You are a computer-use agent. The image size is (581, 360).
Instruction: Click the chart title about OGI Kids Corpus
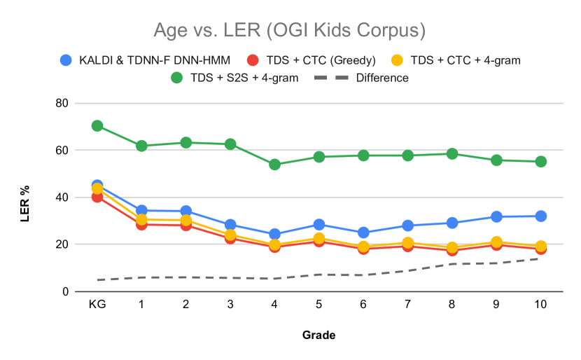(x=290, y=31)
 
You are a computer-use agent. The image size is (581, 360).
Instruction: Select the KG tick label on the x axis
(x=97, y=305)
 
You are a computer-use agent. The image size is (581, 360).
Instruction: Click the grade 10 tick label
(x=540, y=305)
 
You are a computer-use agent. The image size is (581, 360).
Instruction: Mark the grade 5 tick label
(x=318, y=305)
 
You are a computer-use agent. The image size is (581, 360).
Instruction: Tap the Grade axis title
(x=318, y=335)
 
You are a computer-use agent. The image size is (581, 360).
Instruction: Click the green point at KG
(x=97, y=126)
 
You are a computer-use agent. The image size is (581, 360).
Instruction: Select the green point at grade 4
(x=274, y=165)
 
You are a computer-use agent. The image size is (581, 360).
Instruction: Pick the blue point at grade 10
(x=540, y=216)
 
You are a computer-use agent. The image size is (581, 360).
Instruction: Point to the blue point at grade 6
(x=363, y=233)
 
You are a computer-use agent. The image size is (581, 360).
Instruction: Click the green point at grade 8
(x=451, y=154)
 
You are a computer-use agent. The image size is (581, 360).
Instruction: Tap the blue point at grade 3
(x=230, y=225)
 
